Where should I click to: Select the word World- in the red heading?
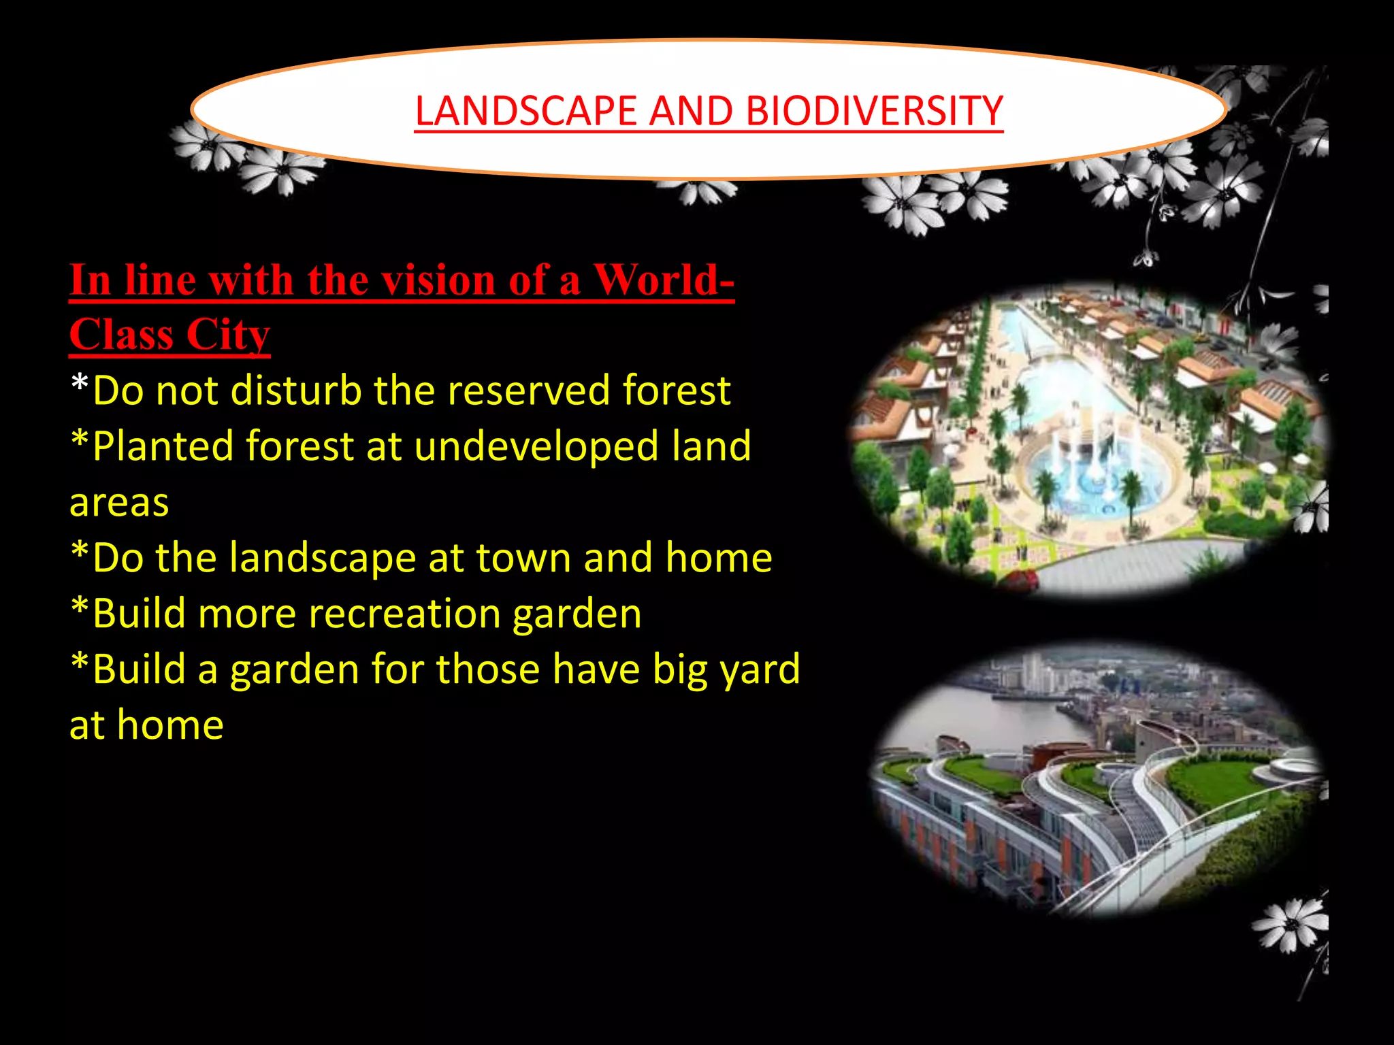[664, 280]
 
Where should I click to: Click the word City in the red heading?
[228, 335]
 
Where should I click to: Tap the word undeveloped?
[536, 446]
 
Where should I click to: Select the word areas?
[119, 503]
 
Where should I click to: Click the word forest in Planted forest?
[300, 446]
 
